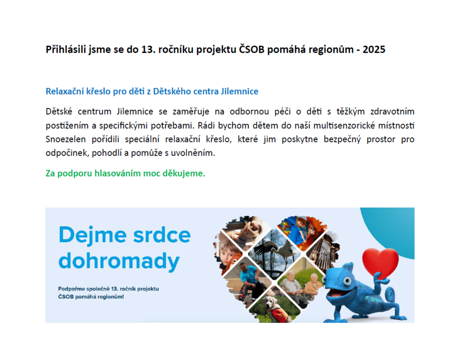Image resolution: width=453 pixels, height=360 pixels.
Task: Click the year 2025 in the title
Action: pyautogui.click(x=374, y=49)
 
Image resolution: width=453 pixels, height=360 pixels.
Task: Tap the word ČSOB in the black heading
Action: pyautogui.click(x=251, y=49)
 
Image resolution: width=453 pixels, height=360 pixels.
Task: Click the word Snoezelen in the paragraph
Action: pyautogui.click(x=65, y=139)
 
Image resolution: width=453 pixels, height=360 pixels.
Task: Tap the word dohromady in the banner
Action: pyautogui.click(x=119, y=261)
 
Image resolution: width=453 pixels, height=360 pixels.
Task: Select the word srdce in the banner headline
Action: pyautogui.click(x=162, y=235)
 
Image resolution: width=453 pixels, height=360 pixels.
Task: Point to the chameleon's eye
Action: pyautogui.click(x=346, y=281)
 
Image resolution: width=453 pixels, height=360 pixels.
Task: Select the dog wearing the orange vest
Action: pyautogui.click(x=275, y=308)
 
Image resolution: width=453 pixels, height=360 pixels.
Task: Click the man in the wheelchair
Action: pyautogui.click(x=250, y=282)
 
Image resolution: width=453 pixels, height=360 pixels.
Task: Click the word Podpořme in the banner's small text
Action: pyautogui.click(x=71, y=289)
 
